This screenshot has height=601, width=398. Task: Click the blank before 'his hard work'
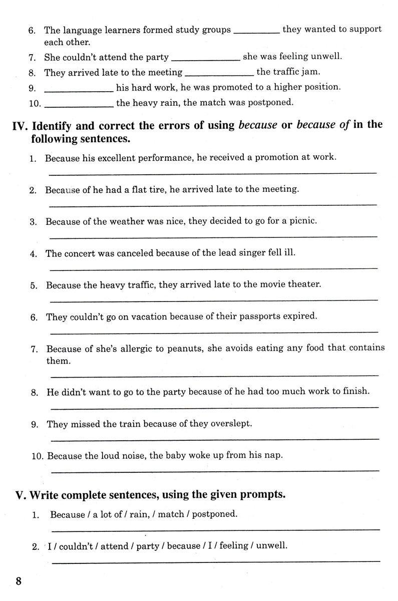click(x=79, y=91)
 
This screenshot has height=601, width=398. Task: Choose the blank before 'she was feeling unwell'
click(x=205, y=61)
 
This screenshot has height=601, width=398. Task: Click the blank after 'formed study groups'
click(x=257, y=33)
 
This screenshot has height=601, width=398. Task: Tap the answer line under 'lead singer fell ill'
click(x=214, y=268)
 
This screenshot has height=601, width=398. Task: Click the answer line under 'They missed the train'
click(x=215, y=439)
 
